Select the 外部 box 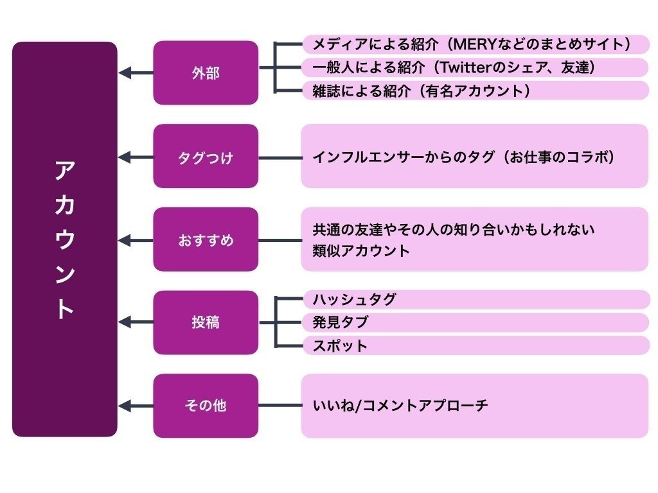click(206, 73)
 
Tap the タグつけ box click(206, 157)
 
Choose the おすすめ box click(206, 240)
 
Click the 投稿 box click(206, 322)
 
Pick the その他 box click(206, 406)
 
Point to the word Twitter click(461, 67)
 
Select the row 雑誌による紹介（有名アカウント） click(476, 91)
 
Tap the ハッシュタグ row click(476, 300)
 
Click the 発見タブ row click(476, 322)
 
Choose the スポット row click(476, 345)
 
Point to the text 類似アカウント click(361, 251)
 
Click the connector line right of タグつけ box click(280, 157)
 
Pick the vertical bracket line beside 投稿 click(276, 322)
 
